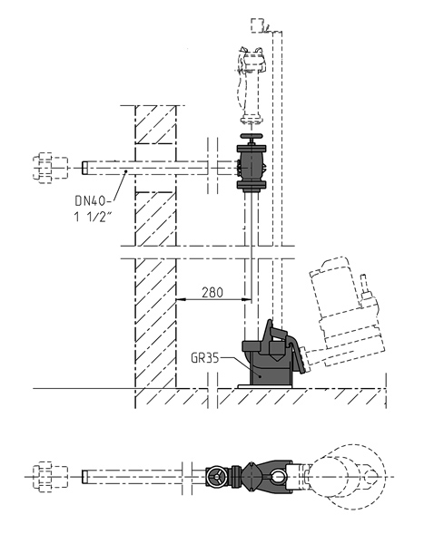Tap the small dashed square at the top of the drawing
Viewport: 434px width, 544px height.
click(x=261, y=24)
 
